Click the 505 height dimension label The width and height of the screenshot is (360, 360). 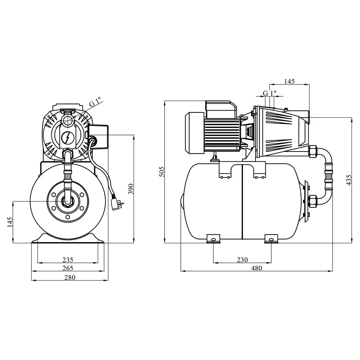162,172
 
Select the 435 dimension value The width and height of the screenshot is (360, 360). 348,180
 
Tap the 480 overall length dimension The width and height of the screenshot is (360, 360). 256,268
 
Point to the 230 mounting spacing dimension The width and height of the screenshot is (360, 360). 242,260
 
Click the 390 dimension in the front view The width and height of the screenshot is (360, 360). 131,189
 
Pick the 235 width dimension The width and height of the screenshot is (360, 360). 68,260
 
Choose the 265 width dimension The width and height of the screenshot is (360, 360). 68,268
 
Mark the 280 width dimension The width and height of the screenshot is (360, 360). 70,277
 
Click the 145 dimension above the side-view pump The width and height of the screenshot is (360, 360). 289,81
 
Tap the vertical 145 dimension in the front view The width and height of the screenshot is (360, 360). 10,222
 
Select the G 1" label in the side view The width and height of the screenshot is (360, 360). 270,93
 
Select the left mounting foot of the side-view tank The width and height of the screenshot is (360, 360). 213,239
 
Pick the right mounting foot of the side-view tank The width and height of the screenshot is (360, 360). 271,239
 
